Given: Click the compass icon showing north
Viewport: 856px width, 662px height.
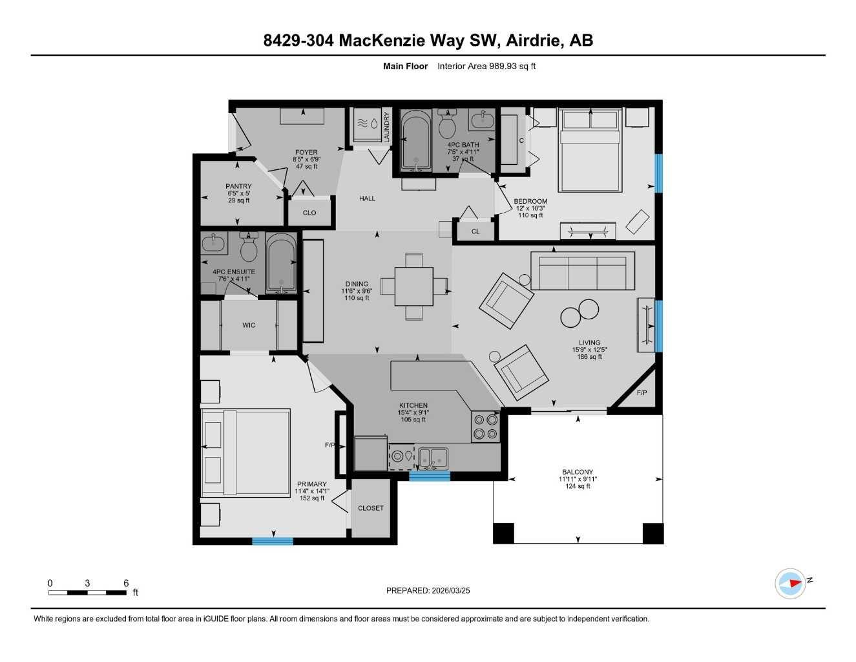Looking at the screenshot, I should pos(790,584).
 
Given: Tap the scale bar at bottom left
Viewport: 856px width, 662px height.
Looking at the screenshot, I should pos(88,592).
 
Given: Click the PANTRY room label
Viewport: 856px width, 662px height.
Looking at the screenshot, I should pos(238,186).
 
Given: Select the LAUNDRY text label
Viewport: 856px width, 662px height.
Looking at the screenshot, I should pos(387,127).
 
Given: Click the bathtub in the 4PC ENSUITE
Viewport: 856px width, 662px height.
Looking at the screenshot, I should pos(281,264).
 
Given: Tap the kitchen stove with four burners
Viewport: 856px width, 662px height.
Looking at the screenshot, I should pos(485,427).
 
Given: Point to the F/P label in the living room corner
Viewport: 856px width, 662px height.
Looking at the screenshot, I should pos(642,393).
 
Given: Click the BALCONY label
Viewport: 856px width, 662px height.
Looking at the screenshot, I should pos(577,472).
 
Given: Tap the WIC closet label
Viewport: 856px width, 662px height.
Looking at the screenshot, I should pos(249,325).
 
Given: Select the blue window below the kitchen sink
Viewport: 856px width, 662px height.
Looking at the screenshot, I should pos(430,476).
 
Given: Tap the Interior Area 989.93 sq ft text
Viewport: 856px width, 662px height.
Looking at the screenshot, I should pos(486,66).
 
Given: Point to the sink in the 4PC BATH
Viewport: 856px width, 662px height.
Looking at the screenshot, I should pos(481,120).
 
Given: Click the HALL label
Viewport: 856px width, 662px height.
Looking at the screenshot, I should pos(367,198).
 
